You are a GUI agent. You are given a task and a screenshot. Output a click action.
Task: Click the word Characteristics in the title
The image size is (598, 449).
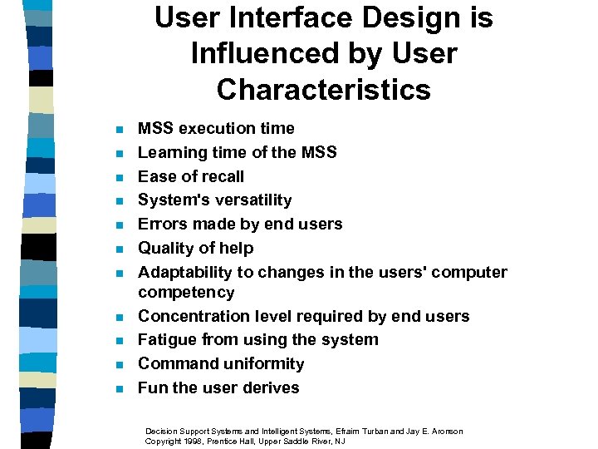pyautogui.click(x=324, y=89)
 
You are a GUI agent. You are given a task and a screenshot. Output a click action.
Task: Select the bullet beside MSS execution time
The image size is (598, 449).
pyautogui.click(x=119, y=129)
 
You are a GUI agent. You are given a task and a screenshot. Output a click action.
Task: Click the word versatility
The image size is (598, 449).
pyautogui.click(x=248, y=200)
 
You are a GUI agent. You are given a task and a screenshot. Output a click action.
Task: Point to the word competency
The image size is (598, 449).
pyautogui.click(x=186, y=292)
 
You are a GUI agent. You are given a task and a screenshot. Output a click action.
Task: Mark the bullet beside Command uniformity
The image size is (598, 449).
pyautogui.click(x=119, y=364)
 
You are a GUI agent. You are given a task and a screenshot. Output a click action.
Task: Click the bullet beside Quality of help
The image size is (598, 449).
pyautogui.click(x=119, y=249)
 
